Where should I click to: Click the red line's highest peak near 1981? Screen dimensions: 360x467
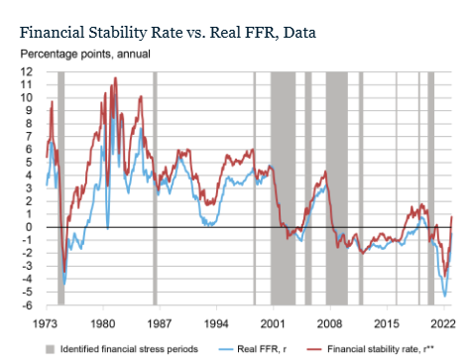tap(114, 78)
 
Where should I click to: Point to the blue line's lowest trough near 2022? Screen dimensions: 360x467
tap(445, 296)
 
